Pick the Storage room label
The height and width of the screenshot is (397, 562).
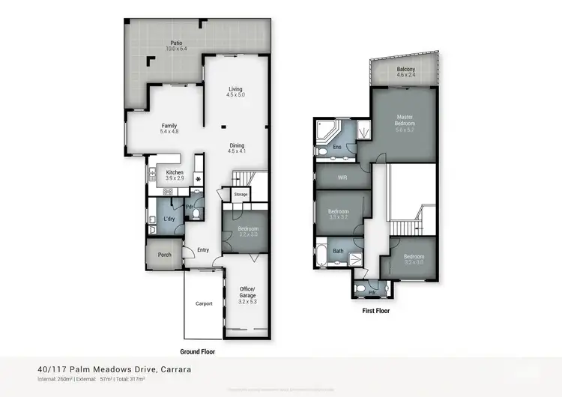pos(241,195)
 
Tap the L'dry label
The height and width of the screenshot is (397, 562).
pos(169,219)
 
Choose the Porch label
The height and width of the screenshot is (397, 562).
pos(164,255)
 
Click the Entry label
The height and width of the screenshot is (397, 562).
pos(203,250)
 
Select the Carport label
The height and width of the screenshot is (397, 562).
pos(205,303)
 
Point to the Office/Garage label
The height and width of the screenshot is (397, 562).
pos(248,293)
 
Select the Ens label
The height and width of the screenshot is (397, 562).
pos(337,147)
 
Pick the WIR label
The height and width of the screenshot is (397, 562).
pos(343,178)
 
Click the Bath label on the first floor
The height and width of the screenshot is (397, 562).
pos(338,251)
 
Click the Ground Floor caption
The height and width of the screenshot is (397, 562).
pos(199,351)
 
